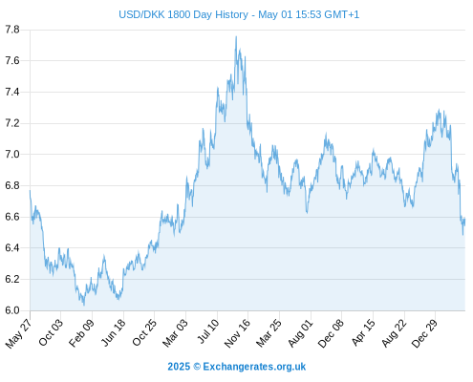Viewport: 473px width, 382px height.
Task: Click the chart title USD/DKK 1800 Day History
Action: pos(183,14)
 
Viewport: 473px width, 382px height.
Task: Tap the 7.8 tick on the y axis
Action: pos(12,30)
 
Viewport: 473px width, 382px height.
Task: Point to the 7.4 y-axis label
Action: pos(12,93)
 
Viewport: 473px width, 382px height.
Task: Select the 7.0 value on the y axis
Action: pos(12,155)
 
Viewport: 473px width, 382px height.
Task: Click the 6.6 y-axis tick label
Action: pos(12,217)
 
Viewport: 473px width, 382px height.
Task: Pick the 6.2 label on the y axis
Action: pos(12,279)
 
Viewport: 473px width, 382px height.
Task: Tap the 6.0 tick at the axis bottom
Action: pos(12,310)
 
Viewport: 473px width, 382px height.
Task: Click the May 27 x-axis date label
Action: pos(18,333)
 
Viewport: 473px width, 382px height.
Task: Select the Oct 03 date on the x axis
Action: pos(51,332)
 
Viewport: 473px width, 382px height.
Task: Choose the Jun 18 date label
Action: pos(114,332)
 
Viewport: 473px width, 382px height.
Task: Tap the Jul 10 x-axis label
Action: pos(208,331)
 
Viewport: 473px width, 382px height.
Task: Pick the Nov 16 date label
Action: pos(237,333)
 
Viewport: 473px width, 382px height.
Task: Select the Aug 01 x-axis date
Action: pos(300,333)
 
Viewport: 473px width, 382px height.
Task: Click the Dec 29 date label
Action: pos(424,333)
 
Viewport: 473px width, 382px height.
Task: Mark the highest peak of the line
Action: pos(236,36)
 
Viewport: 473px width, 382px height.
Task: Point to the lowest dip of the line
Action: pos(84,305)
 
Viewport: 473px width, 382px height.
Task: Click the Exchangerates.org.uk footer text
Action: pos(254,367)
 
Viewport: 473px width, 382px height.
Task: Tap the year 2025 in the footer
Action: pos(179,367)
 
